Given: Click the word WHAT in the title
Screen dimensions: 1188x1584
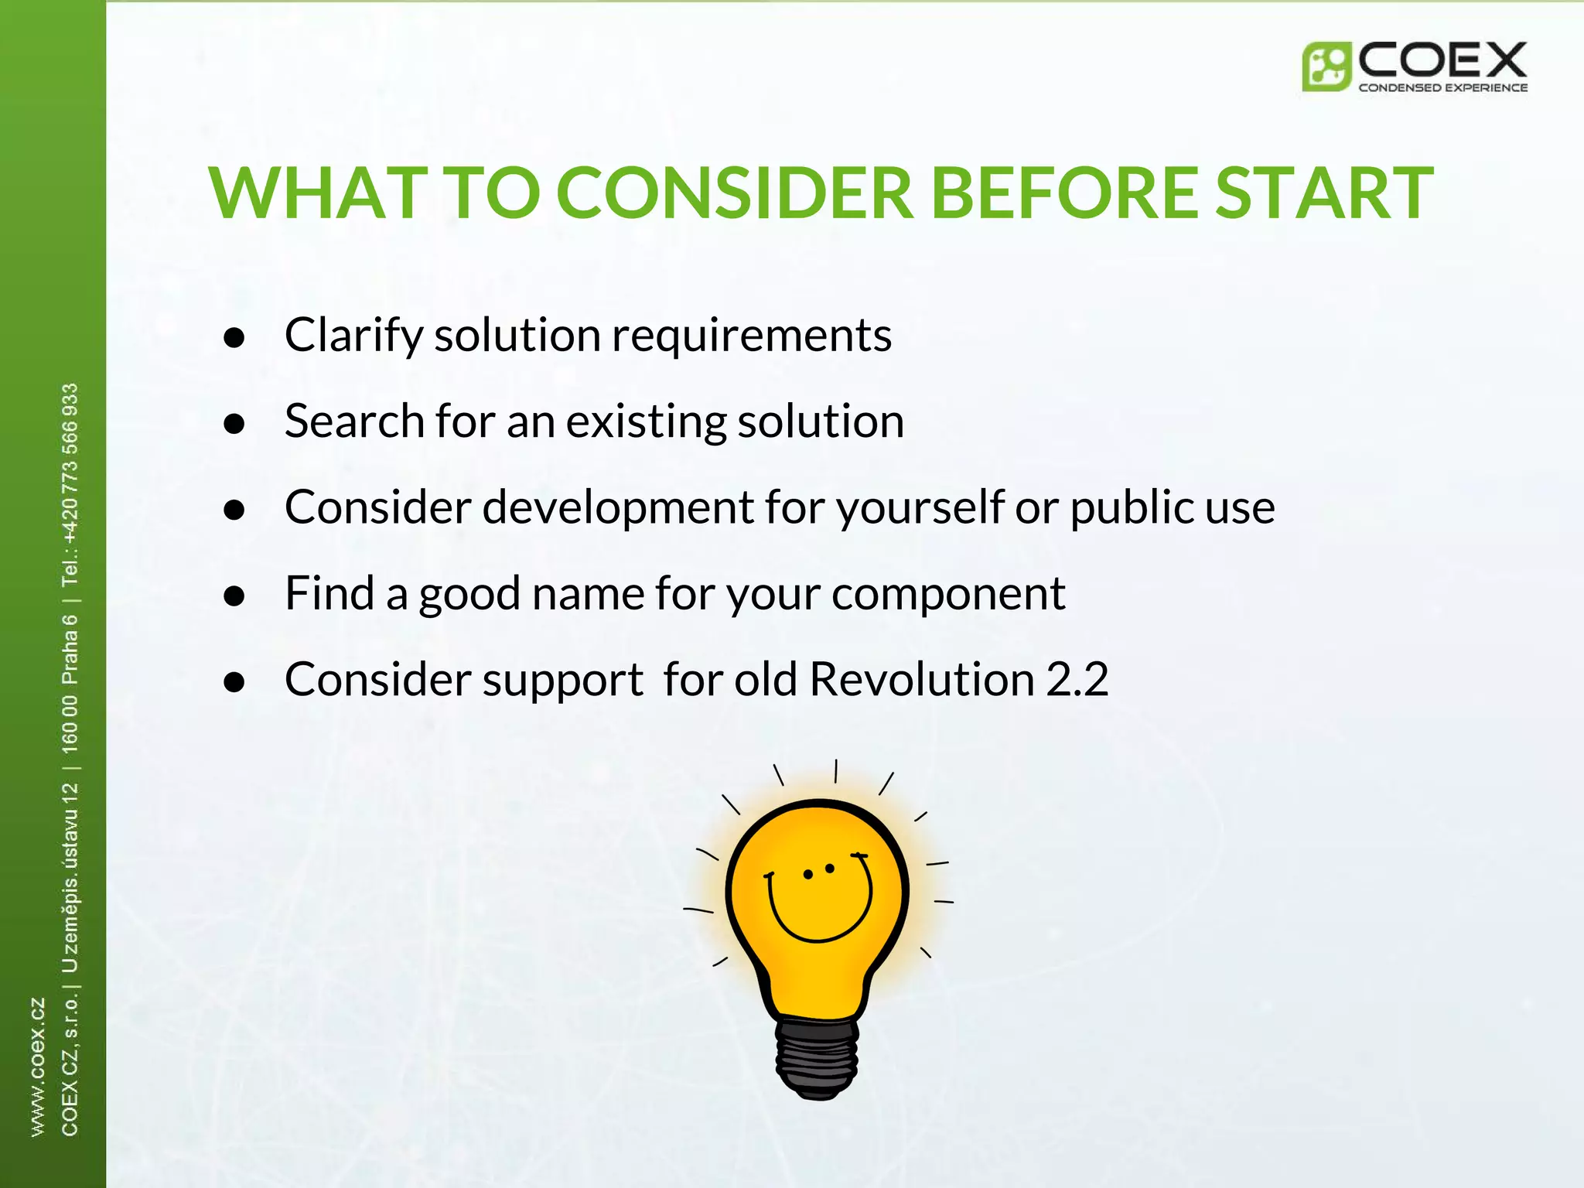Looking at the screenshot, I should point(318,193).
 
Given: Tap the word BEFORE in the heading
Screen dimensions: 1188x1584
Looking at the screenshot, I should point(1065,193).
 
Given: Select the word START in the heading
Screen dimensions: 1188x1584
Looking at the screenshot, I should point(1324,193).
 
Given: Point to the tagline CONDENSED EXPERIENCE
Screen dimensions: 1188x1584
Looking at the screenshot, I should point(1442,88).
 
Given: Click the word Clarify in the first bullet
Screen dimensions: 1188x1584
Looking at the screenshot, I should point(354,336).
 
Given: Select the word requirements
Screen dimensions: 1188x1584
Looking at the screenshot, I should point(752,336).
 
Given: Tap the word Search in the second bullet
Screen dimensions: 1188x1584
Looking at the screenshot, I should point(353,422).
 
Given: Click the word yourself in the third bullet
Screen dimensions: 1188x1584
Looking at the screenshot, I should point(920,508).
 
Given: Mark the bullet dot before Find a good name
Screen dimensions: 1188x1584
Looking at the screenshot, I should point(234,596).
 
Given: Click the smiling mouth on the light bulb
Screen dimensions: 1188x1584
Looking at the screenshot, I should point(818,917).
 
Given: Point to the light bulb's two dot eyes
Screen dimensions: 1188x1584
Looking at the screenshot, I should point(819,872).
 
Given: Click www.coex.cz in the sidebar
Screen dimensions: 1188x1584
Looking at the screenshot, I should point(37,1067).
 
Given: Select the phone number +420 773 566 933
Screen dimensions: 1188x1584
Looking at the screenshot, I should point(70,464).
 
